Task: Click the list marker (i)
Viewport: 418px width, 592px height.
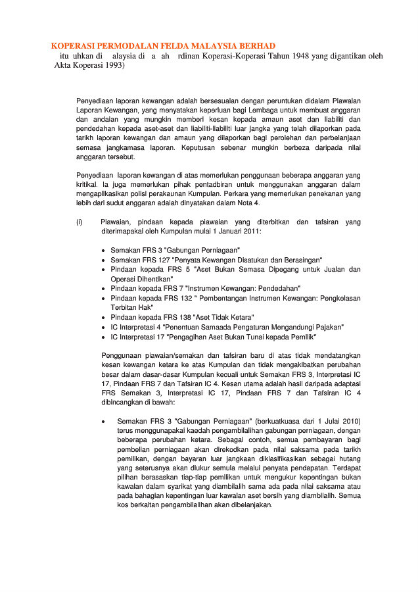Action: pos(80,222)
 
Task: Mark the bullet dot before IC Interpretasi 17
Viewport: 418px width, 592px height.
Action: pos(105,337)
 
